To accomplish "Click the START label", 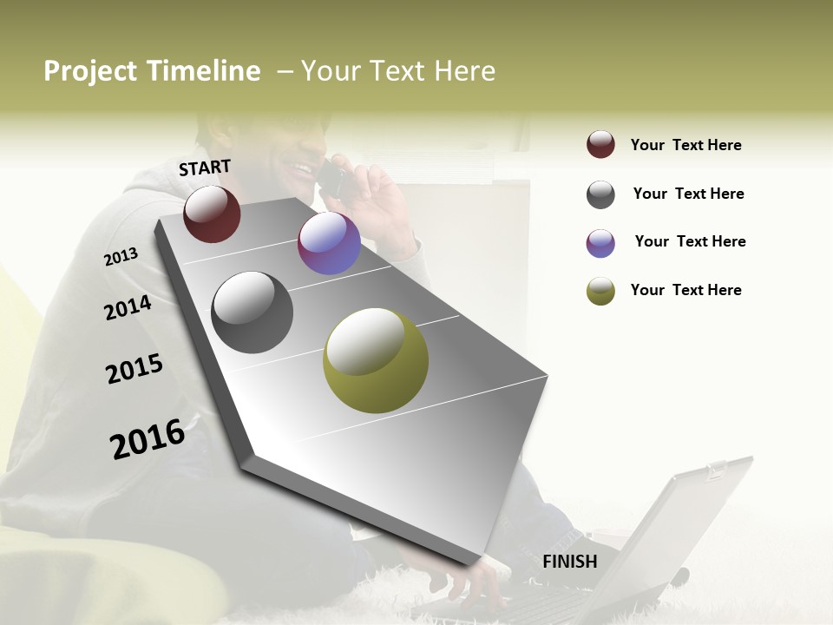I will tap(205, 168).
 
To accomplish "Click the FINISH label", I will tap(569, 562).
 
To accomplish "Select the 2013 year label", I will tap(121, 257).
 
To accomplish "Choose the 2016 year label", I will tap(148, 439).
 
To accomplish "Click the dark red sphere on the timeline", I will tap(212, 214).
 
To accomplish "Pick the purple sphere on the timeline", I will tap(329, 243).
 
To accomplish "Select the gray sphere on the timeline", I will tap(252, 312).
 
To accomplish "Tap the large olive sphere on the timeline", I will tap(376, 360).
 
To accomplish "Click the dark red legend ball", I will tap(600, 144).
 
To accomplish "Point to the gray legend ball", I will tap(600, 194).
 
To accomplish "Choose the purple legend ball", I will tap(600, 243).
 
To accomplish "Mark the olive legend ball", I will tap(600, 291).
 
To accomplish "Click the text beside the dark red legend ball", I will tap(685, 145).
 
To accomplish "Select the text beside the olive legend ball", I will tap(685, 290).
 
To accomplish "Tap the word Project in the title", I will tap(89, 71).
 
